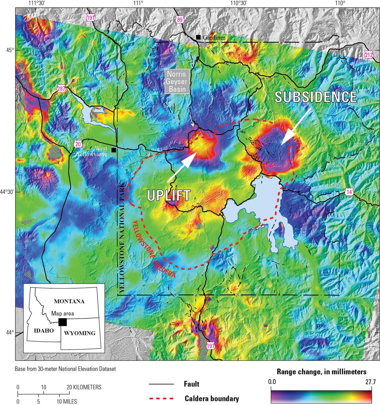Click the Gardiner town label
214,37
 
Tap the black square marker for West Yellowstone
114,150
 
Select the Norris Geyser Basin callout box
176,82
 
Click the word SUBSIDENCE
315,97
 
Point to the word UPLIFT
168,195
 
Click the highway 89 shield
180,20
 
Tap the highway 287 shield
61,89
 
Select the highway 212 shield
369,55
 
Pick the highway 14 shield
349,192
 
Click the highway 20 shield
78,144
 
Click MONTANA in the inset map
69,301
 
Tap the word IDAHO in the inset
44,331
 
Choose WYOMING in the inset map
80,333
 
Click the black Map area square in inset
63,322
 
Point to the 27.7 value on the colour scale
370,382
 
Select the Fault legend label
191,384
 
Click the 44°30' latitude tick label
7,192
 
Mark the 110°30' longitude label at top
238,3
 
